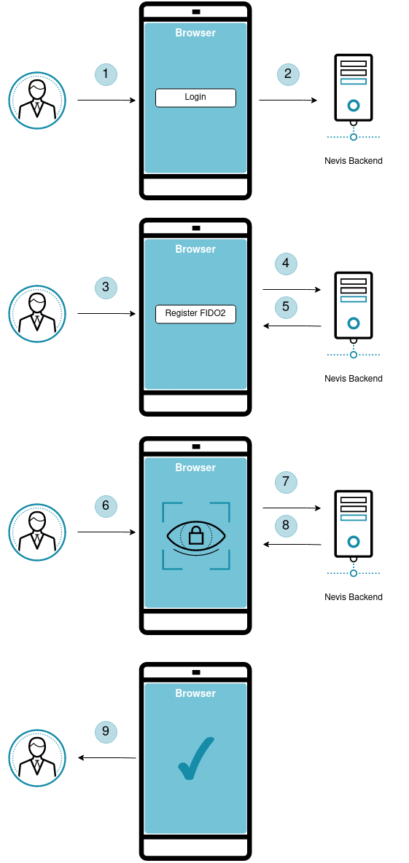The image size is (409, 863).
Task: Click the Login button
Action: [x=195, y=98]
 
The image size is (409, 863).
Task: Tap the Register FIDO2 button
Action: [x=195, y=314]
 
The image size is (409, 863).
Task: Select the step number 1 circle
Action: [x=106, y=74]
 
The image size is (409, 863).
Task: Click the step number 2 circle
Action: [x=288, y=74]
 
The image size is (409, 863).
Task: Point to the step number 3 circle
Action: [x=106, y=287]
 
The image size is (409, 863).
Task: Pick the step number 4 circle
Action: [x=286, y=264]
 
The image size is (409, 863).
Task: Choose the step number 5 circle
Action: [x=286, y=307]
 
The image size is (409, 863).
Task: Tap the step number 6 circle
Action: [x=106, y=506]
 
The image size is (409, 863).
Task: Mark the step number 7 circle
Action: [x=286, y=482]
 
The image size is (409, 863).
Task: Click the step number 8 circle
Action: [x=286, y=525]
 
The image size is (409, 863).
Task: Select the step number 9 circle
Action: [x=106, y=731]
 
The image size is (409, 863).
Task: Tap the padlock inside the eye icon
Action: [x=195, y=535]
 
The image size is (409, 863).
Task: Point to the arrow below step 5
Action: [x=292, y=326]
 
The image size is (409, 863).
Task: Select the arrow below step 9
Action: [x=107, y=758]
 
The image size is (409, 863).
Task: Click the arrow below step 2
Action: [x=288, y=101]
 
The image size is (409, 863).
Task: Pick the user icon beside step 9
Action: [x=37, y=758]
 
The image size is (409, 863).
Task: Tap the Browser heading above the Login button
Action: [x=195, y=33]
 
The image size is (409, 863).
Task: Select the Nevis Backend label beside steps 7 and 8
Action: [x=354, y=597]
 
